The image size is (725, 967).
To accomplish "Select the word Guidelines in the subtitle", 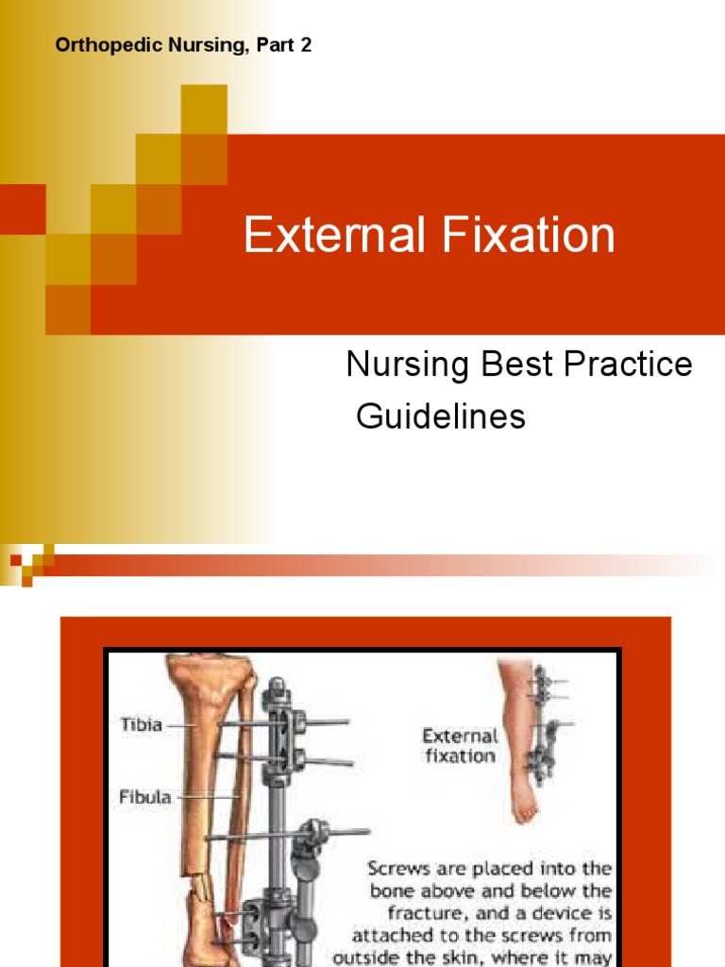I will click(x=440, y=416).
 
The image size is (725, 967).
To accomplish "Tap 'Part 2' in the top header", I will click(x=289, y=45).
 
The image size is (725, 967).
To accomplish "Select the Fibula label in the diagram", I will click(x=144, y=797).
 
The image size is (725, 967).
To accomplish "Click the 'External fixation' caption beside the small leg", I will click(x=460, y=745).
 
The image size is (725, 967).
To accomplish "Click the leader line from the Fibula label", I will click(x=206, y=798).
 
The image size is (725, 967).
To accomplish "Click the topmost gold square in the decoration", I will click(x=204, y=108).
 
